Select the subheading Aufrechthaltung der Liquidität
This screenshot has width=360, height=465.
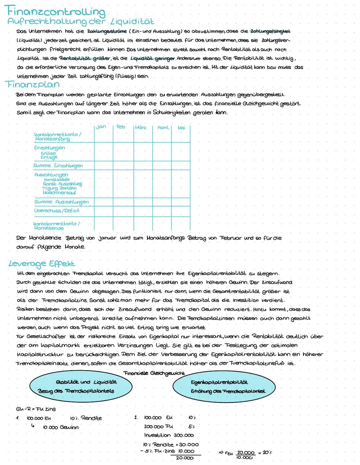coord(81,22)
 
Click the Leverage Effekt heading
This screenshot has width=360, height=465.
coord(42,264)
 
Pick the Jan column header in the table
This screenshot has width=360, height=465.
coord(101,127)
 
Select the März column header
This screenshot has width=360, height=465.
coord(141,127)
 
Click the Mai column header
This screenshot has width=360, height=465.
coord(182,127)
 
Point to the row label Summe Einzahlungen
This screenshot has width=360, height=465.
coord(58,166)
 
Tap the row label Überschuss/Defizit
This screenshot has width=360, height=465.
coord(57,211)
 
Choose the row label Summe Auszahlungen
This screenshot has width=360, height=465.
coord(61,202)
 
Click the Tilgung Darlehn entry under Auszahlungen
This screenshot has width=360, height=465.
coord(59,188)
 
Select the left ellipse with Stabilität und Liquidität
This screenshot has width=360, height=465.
coord(81,387)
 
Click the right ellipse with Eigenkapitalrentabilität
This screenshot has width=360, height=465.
coord(224,387)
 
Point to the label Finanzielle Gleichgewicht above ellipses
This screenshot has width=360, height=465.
coord(154,373)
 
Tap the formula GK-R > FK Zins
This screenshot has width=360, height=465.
coord(36,409)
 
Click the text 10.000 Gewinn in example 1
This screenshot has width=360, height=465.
coord(61,427)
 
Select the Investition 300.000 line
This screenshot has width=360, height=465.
coord(169,435)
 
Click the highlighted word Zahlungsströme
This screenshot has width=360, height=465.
coord(107,31)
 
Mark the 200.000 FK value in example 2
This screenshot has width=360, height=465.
coord(158,426)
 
